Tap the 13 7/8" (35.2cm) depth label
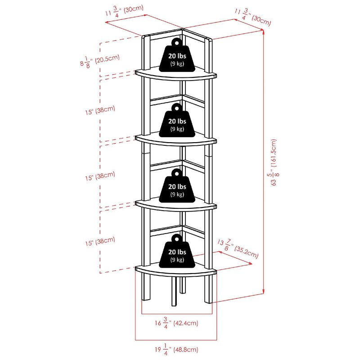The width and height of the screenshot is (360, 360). point(238,248)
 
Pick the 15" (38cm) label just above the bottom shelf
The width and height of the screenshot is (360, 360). point(102,242)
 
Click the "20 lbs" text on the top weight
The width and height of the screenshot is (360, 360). point(177,56)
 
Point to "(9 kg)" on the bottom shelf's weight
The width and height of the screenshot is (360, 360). point(177,260)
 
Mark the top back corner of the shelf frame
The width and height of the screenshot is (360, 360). point(182,30)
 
